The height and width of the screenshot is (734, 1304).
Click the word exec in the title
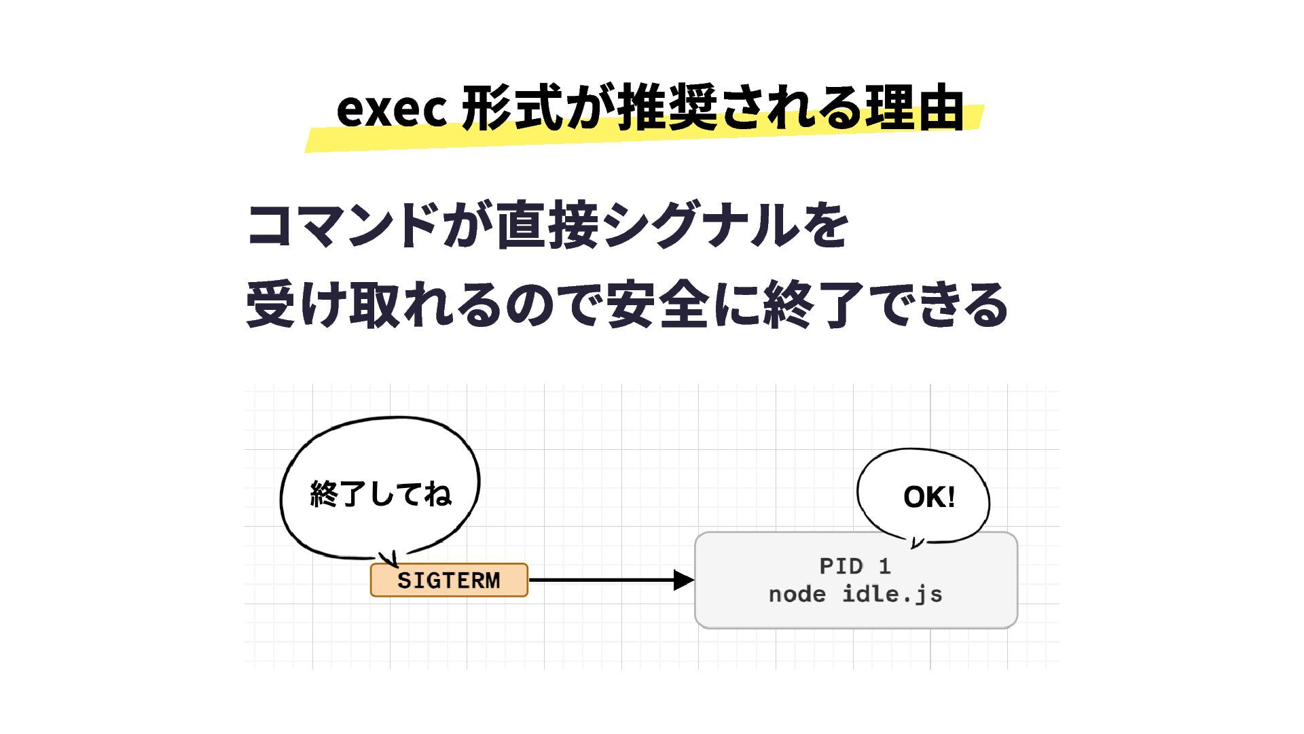tap(391, 109)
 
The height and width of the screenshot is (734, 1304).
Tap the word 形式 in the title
tap(512, 109)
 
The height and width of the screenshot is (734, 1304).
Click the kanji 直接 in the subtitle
tap(547, 226)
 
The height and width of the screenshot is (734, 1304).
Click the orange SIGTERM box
tap(449, 580)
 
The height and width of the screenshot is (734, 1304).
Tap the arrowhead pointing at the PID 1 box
tap(683, 580)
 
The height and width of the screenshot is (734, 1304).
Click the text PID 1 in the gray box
tap(855, 566)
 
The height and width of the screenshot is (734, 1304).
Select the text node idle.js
tap(855, 595)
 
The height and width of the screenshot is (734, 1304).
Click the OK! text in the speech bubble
tap(929, 497)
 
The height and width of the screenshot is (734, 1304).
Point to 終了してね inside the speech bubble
tap(380, 494)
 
